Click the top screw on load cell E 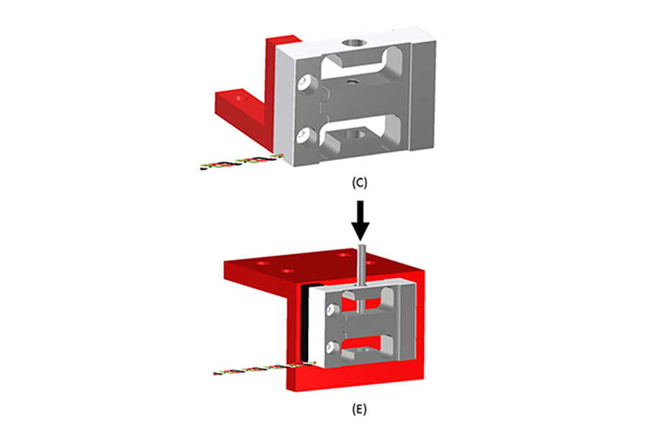pos(331,311)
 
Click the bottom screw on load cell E pos(331,349)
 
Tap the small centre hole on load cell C pos(351,83)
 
